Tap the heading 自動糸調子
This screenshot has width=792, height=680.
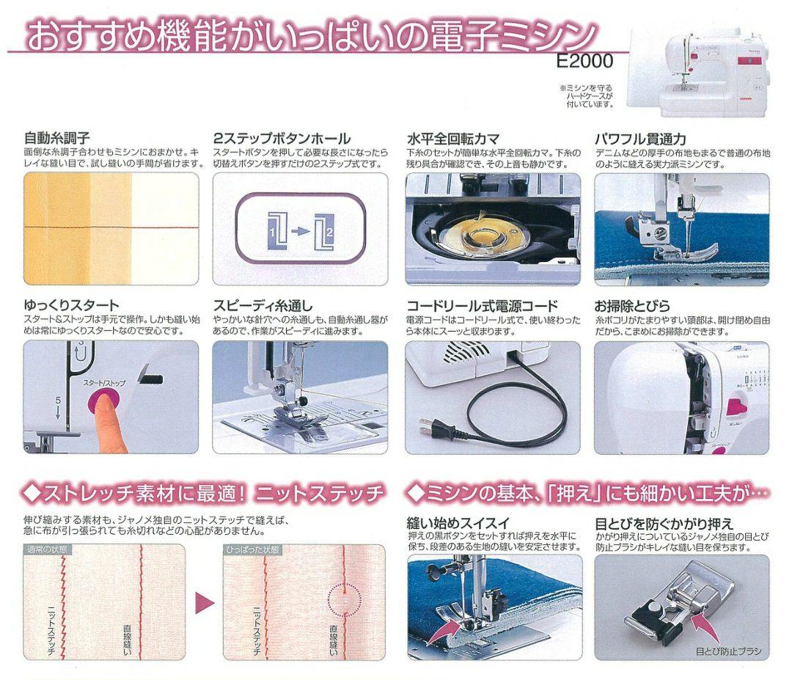[57, 138]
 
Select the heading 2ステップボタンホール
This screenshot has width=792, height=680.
[282, 138]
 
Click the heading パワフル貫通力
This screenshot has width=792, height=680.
[640, 138]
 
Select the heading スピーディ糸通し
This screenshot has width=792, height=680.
[263, 305]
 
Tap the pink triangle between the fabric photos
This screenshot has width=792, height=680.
[203, 603]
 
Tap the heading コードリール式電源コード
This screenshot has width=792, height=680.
[482, 305]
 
